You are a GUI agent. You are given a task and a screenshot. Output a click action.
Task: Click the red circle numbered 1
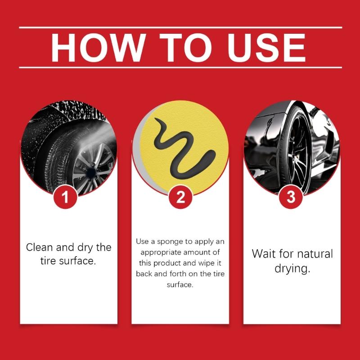(66, 197)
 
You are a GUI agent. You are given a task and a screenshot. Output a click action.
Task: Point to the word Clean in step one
(39, 247)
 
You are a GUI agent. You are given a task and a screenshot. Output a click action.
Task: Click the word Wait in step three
(263, 253)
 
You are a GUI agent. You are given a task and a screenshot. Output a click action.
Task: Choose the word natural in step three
(312, 253)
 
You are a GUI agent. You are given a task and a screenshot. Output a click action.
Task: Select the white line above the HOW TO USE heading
(180, 27)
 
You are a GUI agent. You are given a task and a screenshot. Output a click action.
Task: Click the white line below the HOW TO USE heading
(180, 67)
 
